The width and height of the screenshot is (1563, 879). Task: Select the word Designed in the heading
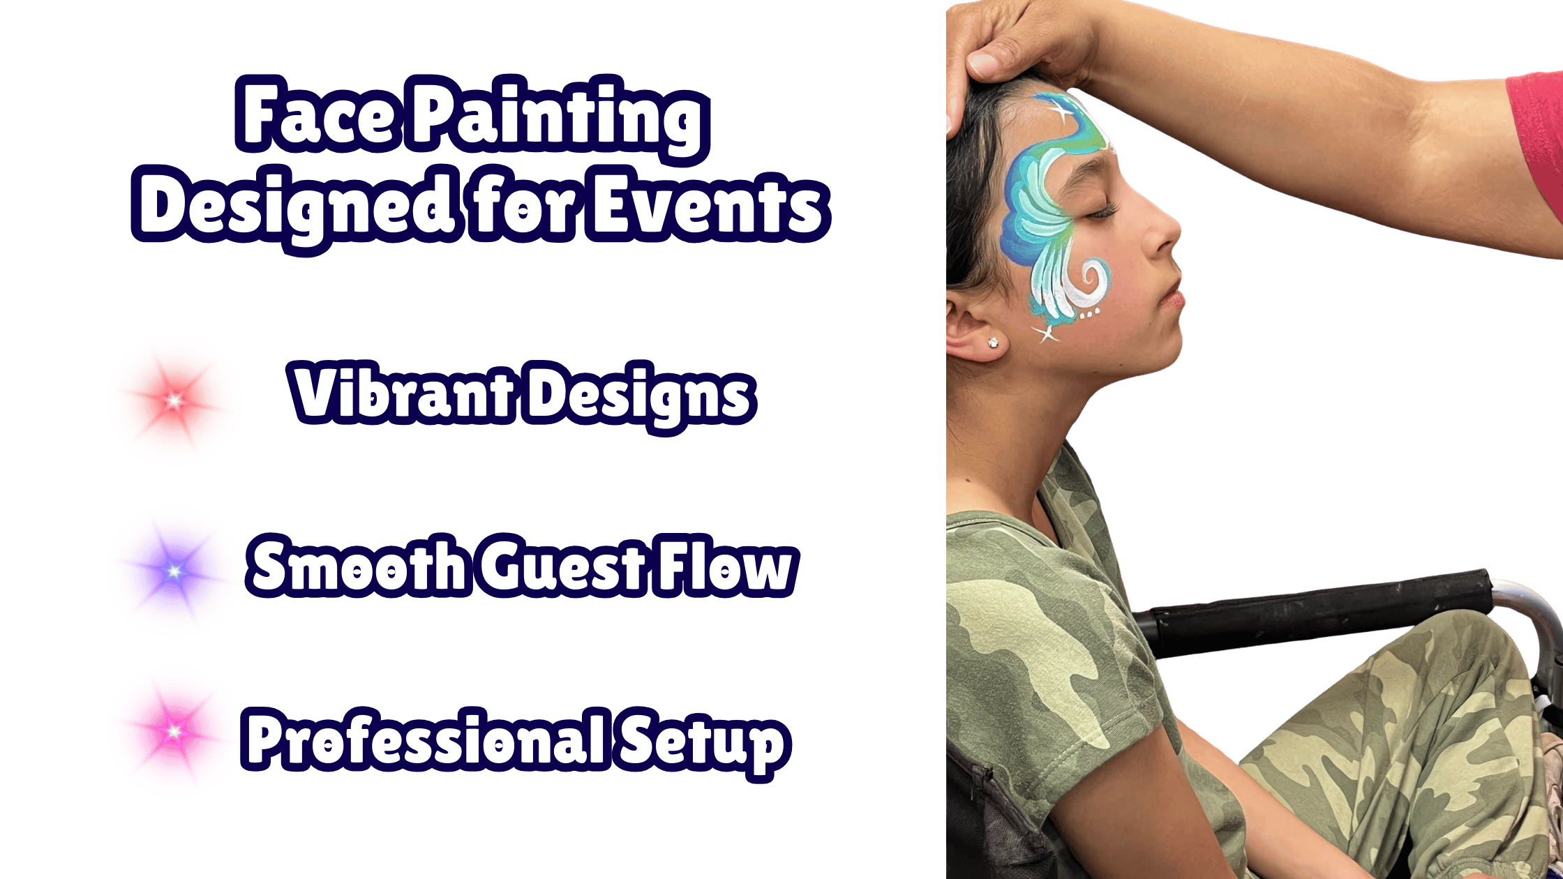295,206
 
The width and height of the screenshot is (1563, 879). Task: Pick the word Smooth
358,566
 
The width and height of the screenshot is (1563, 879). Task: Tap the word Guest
562,566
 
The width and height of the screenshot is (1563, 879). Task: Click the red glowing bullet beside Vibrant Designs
174,400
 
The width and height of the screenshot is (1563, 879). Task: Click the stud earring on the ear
992,343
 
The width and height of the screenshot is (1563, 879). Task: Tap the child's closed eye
1101,211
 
